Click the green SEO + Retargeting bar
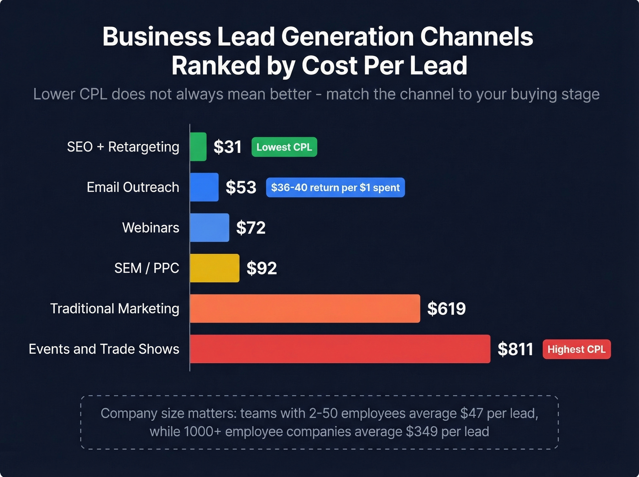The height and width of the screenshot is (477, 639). [198, 147]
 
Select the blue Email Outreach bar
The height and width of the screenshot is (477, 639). [204, 187]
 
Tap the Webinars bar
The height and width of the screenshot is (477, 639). [210, 227]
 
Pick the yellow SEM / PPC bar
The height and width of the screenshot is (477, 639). [215, 268]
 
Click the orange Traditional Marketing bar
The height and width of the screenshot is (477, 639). [304, 309]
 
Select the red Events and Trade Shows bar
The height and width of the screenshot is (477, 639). [340, 349]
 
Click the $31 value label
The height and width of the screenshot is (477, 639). [227, 147]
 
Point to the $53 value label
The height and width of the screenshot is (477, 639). [241, 187]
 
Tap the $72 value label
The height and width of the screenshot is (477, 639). [251, 227]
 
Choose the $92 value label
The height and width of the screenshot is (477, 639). [262, 268]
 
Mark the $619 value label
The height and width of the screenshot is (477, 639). [446, 309]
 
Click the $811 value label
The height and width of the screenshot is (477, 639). [515, 349]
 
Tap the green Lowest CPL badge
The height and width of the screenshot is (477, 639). [284, 147]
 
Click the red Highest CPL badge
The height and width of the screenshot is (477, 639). [576, 349]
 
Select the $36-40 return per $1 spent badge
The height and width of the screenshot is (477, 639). [335, 188]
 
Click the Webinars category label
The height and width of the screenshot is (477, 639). [151, 227]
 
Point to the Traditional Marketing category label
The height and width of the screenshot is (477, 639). [115, 309]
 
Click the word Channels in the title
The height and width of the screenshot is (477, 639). [476, 37]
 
